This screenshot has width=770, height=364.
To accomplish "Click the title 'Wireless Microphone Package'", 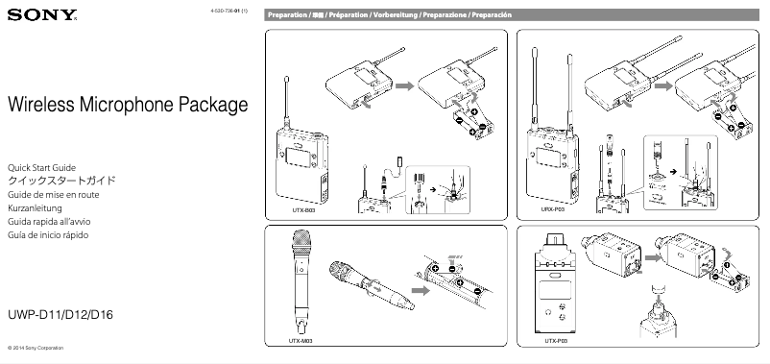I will point(127,104).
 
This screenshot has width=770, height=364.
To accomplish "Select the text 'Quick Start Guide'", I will point(40,167).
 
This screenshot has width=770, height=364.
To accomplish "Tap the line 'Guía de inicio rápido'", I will point(48,233).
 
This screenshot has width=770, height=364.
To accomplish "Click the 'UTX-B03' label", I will point(303,206).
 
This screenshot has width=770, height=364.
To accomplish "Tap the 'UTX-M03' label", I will point(301,341).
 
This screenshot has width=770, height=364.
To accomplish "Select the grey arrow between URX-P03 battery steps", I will point(656,86).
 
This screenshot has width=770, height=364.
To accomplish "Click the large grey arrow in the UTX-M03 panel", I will point(420,287).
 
